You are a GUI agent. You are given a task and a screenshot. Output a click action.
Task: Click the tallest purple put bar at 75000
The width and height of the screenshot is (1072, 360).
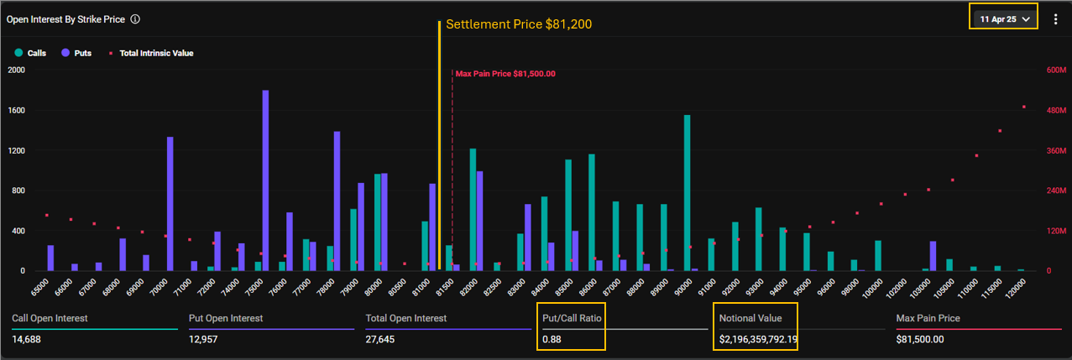[265, 180]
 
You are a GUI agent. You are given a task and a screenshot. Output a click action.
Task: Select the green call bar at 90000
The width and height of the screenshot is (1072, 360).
[687, 193]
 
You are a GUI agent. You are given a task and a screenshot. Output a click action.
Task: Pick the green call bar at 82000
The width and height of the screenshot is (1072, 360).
[473, 210]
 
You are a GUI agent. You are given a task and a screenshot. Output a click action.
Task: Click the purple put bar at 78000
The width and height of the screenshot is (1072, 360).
[337, 201]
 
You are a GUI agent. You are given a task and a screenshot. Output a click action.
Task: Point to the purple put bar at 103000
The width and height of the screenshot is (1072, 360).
[933, 256]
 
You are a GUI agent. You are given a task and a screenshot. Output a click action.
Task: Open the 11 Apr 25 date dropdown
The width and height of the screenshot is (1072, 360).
[1004, 18]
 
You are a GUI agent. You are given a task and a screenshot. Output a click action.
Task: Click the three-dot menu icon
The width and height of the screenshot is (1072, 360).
[1055, 18]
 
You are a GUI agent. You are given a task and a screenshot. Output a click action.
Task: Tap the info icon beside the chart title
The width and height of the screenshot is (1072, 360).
[135, 18]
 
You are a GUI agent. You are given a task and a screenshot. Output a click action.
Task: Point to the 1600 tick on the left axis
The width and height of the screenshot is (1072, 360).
[16, 110]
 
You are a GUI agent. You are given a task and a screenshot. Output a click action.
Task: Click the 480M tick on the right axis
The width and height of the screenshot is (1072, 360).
[1054, 110]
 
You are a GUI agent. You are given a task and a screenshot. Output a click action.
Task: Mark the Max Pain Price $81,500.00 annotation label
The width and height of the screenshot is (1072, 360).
[505, 74]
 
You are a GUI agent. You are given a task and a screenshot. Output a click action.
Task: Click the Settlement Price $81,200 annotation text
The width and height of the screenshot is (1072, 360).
[518, 24]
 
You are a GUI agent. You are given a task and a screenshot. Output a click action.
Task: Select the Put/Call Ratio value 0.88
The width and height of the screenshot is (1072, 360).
[552, 340]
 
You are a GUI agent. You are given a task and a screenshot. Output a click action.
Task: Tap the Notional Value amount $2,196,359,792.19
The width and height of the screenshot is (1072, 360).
[758, 340]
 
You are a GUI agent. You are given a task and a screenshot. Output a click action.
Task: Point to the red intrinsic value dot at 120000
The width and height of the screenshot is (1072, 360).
[1024, 107]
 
